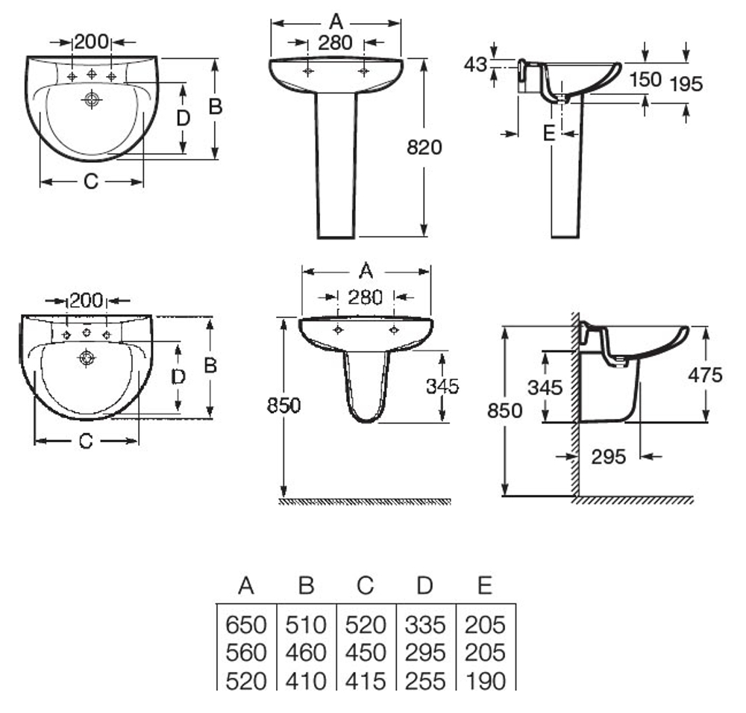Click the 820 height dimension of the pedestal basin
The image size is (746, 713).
coord(424,147)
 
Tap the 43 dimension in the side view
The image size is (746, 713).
coord(475,65)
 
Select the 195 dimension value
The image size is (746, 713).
coord(686,84)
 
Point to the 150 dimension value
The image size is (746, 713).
coord(645,79)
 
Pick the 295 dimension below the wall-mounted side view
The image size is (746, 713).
coord(609,456)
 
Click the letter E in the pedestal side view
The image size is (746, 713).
coord(548,134)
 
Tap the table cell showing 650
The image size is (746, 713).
coord(245,623)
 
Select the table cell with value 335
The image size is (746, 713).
coord(424,623)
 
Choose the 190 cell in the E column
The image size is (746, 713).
coord(485,680)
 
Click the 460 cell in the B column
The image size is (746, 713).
coord(306,652)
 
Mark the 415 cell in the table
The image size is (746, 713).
coord(365,680)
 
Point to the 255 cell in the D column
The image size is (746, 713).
coord(424,680)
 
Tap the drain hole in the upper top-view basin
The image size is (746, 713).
coord(92,99)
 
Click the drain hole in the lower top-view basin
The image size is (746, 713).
coord(87,359)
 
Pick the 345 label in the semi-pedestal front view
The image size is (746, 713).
coord(442,386)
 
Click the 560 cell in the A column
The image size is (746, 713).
coord(245,652)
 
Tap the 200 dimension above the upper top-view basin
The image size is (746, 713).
coord(92,41)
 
